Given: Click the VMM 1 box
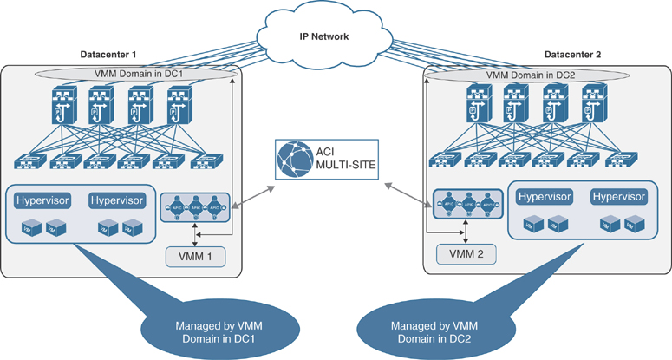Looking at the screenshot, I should [x=200, y=257].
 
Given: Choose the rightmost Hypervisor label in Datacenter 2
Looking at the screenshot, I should [x=619, y=197].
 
